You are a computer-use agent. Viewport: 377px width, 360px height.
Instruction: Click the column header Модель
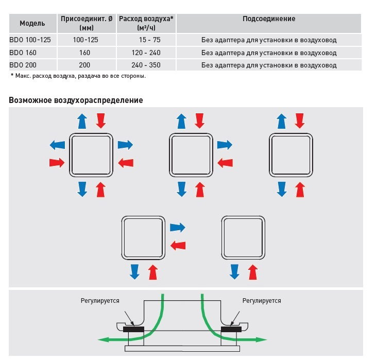(x=32, y=23)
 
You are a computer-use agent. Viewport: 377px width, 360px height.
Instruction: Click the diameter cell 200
(x=85, y=65)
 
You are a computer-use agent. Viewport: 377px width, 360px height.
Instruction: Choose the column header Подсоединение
(x=269, y=19)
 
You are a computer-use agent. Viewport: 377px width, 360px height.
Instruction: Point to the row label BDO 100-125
(x=30, y=40)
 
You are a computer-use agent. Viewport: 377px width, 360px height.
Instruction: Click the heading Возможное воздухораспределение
(x=76, y=100)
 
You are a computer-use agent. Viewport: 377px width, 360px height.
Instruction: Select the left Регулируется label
(x=100, y=300)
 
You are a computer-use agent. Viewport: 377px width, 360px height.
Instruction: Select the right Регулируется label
(x=262, y=300)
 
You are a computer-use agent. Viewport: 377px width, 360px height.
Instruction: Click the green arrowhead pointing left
(x=102, y=339)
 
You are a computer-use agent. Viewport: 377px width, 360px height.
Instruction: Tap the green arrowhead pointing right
(x=263, y=339)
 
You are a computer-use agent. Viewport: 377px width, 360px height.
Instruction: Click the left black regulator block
(x=133, y=328)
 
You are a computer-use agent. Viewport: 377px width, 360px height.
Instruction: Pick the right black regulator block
(x=231, y=328)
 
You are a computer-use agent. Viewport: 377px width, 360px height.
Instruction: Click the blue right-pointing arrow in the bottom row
(x=178, y=227)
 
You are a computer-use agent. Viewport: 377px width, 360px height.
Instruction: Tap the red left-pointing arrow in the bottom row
(x=178, y=245)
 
